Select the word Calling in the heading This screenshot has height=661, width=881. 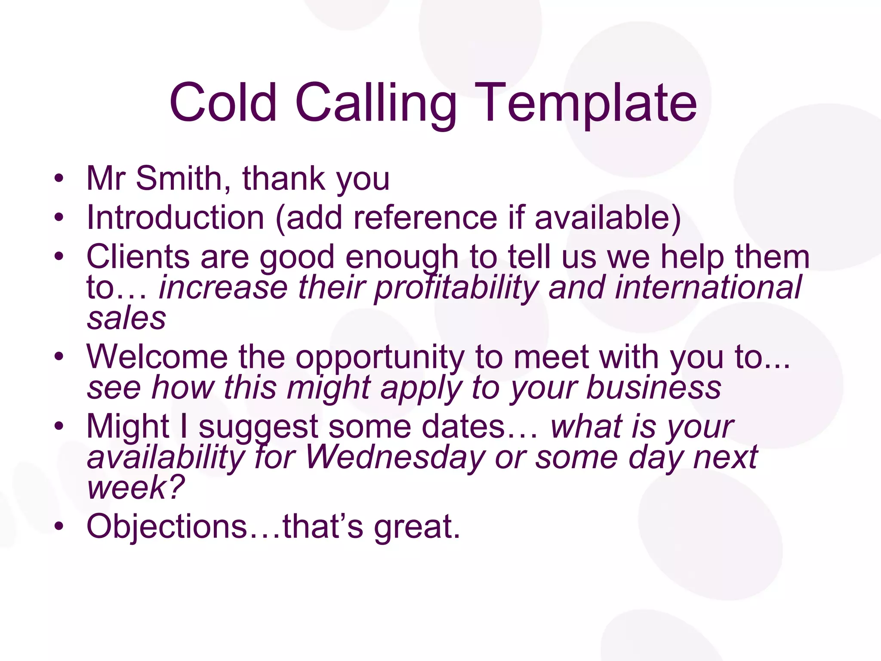pos(376,103)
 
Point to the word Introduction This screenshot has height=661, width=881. pos(176,217)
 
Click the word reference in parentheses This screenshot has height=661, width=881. pos(425,217)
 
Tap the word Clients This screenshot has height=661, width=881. pos(138,256)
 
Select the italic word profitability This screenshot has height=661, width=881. pos(456,287)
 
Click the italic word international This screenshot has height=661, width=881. pos(708,287)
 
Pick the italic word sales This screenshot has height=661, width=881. pos(126,318)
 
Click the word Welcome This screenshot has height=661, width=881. pos(157,357)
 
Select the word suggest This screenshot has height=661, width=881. pos(258,427)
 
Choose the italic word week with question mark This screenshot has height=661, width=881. pos(136,488)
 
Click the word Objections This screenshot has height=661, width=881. pos(167,526)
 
